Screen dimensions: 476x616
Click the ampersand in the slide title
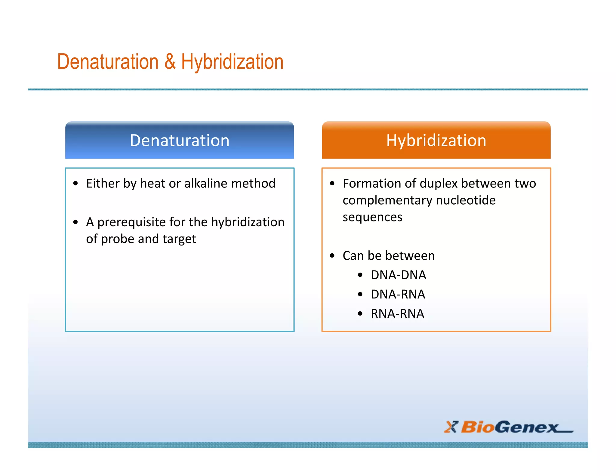[x=170, y=62]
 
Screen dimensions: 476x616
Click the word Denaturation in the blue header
[x=180, y=141]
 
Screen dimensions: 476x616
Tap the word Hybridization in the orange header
[x=436, y=141]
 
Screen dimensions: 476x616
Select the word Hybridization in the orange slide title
[x=232, y=62]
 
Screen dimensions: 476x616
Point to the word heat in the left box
[x=152, y=184]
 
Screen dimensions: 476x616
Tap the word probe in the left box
[x=117, y=239]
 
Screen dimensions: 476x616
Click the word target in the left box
[x=179, y=239]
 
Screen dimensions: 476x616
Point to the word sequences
[x=372, y=217]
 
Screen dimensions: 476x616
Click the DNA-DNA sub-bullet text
[x=398, y=275]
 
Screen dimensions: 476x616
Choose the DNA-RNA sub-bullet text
[x=398, y=294]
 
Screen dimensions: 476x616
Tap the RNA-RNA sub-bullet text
[x=397, y=314]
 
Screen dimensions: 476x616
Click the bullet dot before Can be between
[x=332, y=256]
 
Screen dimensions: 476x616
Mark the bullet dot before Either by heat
[x=75, y=184]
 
